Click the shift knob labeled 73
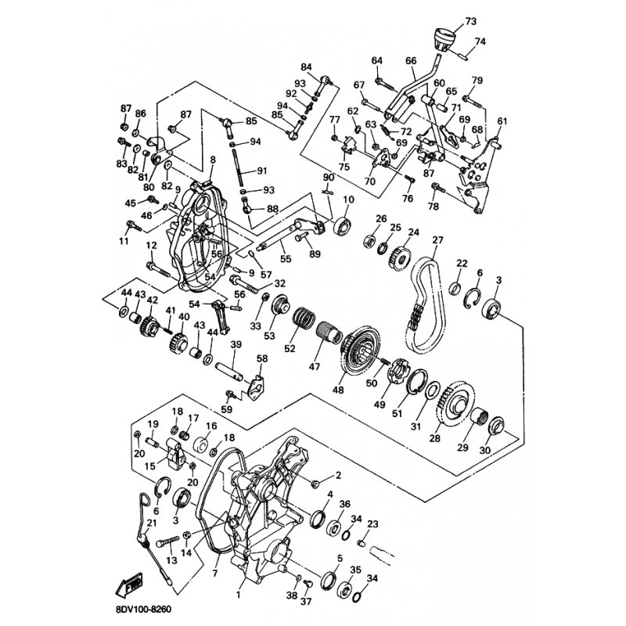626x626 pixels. click(442, 40)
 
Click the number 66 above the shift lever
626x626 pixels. click(411, 60)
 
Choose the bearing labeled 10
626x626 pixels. click(343, 227)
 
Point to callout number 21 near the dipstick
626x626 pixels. click(152, 523)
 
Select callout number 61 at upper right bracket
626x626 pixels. click(502, 121)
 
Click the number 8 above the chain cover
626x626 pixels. click(211, 160)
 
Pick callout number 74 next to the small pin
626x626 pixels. click(480, 41)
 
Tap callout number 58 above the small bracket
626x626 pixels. click(261, 358)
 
